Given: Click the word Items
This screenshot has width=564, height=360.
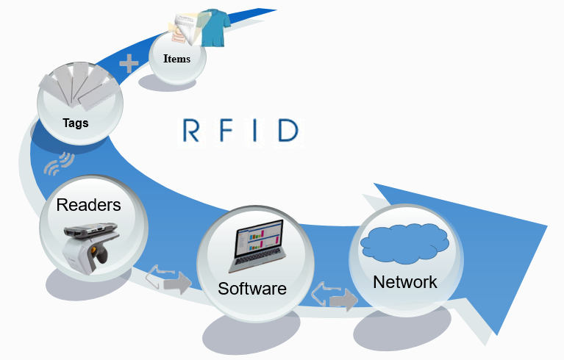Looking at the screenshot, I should [x=176, y=59].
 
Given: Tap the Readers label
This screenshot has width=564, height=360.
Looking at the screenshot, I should [x=89, y=205].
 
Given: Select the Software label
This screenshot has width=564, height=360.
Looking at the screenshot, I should [x=251, y=289].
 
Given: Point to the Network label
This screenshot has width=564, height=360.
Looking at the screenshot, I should [x=404, y=281].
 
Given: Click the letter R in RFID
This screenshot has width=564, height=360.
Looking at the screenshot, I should [x=190, y=131].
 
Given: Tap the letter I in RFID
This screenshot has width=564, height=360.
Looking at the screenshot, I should [x=257, y=131].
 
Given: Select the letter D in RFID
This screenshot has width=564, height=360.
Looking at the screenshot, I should [x=288, y=131].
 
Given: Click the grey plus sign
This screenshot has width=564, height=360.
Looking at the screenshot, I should [x=129, y=64].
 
